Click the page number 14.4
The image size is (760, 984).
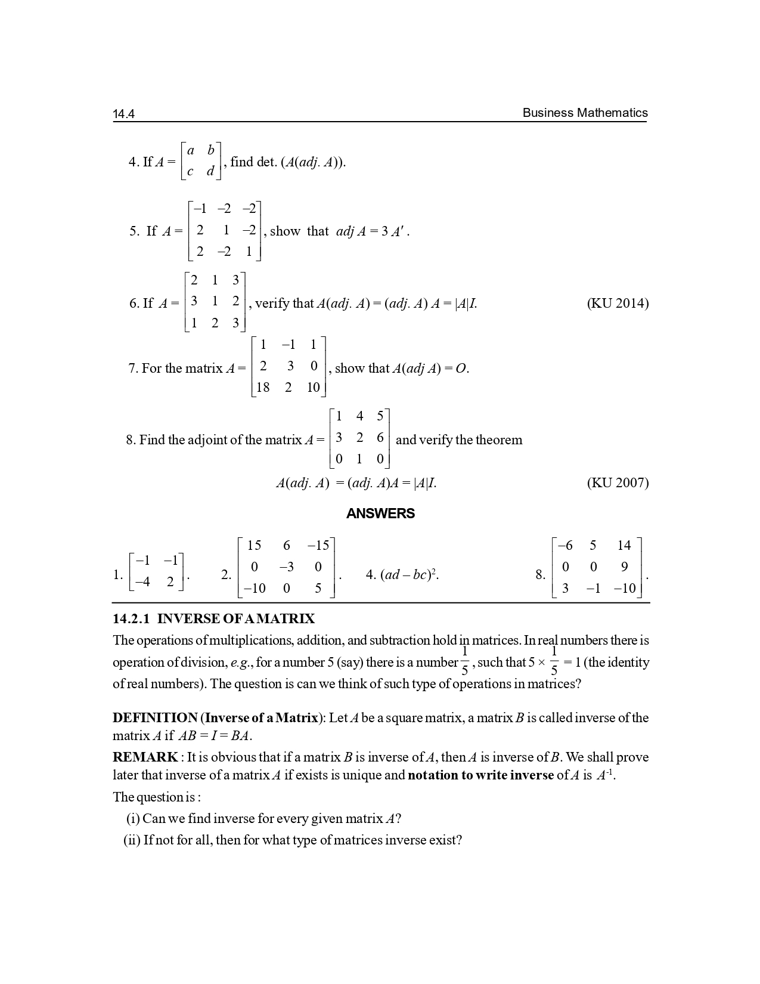124,114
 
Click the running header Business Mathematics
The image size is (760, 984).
585,113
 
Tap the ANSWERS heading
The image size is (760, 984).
380,513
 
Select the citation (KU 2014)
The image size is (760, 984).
618,303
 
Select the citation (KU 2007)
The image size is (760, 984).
618,482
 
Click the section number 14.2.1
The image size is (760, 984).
131,618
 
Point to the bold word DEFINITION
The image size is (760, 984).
155,717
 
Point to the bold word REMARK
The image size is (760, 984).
145,757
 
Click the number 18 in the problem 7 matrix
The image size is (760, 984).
262,388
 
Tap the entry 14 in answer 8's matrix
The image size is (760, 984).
623,545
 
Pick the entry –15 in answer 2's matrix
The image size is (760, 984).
318,545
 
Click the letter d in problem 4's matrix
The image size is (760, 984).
210,172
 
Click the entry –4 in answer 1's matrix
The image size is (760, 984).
143,582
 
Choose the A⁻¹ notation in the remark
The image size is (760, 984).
606,775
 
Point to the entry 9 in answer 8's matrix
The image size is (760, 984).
624,567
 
